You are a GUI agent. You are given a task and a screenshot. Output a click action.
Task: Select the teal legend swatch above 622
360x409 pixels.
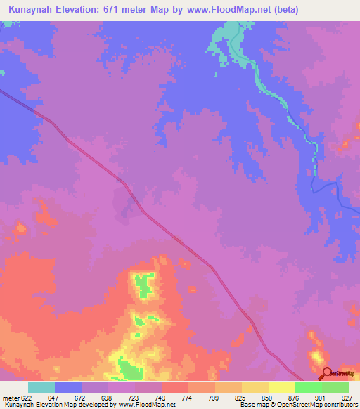tap(41, 387)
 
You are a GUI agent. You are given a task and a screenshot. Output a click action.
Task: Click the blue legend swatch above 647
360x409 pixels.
tap(68, 387)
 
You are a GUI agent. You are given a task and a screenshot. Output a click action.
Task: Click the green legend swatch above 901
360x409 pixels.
tap(309, 387)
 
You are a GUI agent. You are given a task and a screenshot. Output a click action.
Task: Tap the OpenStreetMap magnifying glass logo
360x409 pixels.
tap(326, 373)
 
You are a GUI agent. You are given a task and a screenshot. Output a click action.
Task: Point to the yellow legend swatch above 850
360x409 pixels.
tap(255, 387)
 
